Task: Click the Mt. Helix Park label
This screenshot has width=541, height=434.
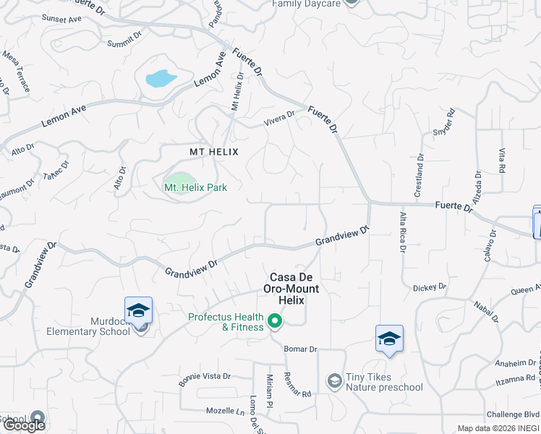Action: (x=195, y=187)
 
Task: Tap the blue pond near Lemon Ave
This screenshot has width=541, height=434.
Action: (x=161, y=78)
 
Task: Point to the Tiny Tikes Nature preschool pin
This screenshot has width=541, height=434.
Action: (x=334, y=380)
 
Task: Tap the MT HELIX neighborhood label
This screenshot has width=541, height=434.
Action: (x=213, y=152)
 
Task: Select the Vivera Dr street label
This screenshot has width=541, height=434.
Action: (x=279, y=115)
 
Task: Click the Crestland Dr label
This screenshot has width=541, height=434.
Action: (x=418, y=174)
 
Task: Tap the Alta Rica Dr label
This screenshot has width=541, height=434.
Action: (x=403, y=231)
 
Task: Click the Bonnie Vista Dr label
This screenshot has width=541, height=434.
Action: (x=205, y=377)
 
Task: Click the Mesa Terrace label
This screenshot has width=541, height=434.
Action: (x=16, y=71)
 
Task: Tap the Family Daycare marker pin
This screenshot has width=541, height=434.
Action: (x=351, y=2)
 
